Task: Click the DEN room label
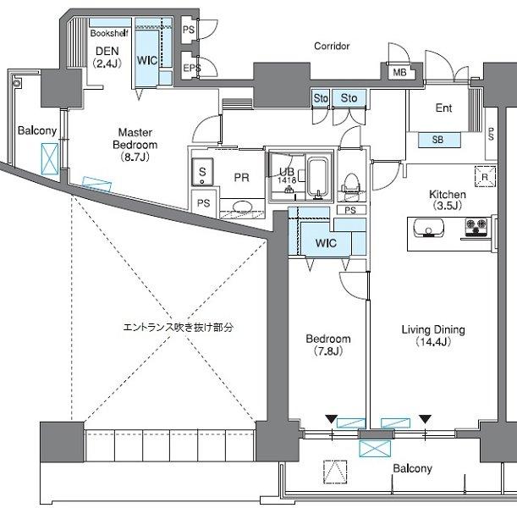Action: click(x=107, y=57)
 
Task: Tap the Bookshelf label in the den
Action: click(x=109, y=33)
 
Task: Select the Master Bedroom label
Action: click(x=135, y=145)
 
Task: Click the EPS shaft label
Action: click(x=192, y=68)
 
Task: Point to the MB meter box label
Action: click(x=399, y=72)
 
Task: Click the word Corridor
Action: click(x=332, y=46)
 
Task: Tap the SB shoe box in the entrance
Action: click(x=439, y=140)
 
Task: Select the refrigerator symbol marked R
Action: click(x=486, y=176)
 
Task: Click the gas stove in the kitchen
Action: click(x=476, y=227)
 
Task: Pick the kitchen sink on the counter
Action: click(x=428, y=228)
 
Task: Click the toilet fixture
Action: click(x=351, y=187)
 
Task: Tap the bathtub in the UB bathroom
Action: click(x=317, y=178)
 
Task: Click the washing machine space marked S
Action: click(x=202, y=172)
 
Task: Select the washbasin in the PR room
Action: click(x=242, y=207)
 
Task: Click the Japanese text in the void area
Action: click(x=178, y=327)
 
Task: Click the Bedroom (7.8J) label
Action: click(x=328, y=345)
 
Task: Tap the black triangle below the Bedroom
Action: click(x=331, y=419)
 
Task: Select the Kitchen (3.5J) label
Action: click(x=448, y=200)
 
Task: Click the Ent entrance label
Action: click(x=443, y=108)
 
